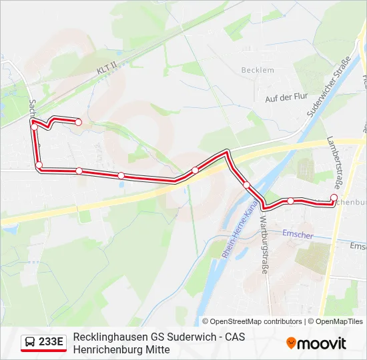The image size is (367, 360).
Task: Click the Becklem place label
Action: [x=258, y=70]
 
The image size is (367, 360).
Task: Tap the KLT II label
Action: [x=105, y=69]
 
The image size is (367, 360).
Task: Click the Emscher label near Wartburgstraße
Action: [x=297, y=233]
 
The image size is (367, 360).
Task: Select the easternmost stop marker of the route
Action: [x=334, y=197]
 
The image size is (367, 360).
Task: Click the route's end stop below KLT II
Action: [x=78, y=122]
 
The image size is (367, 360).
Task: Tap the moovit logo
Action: [x=316, y=343]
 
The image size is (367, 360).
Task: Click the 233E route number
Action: [x=51, y=343]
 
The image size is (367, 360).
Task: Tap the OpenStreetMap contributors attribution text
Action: [x=252, y=321]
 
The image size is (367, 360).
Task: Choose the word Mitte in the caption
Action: [x=157, y=349]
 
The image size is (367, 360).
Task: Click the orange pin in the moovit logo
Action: [x=292, y=343]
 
